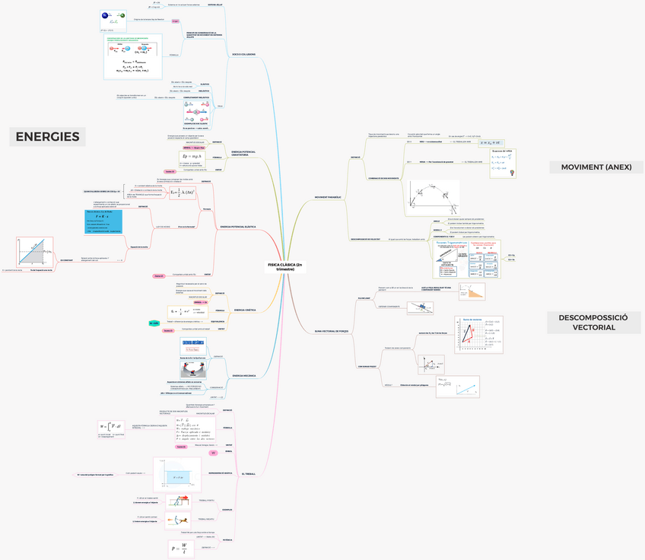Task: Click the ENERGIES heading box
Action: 48,137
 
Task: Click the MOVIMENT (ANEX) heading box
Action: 596,167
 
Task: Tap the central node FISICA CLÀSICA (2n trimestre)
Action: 285,266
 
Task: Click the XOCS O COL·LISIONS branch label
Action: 243,54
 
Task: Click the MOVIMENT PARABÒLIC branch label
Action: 328,197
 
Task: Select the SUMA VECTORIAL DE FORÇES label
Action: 332,331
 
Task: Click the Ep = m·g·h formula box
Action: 186,157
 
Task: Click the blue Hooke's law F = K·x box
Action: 103,221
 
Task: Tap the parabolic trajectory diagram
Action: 433,198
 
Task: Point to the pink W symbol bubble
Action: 214,453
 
